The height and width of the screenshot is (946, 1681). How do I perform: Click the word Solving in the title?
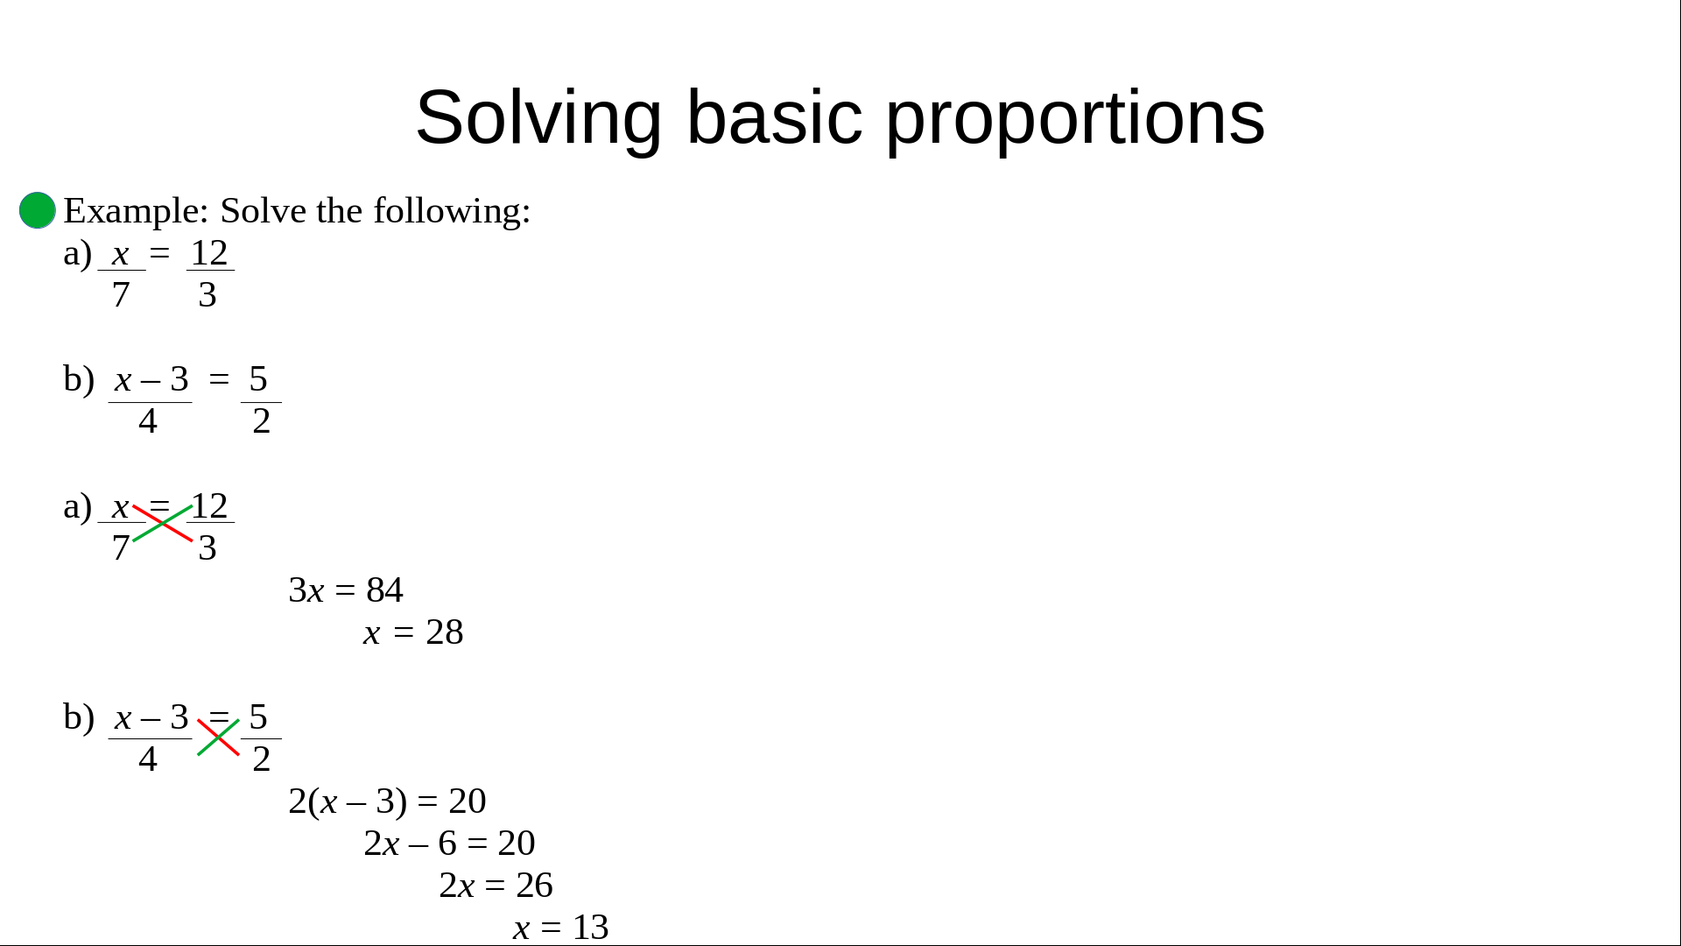click(538, 119)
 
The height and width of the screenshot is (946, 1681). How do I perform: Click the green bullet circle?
click(38, 210)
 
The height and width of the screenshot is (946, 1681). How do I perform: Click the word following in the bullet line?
click(452, 212)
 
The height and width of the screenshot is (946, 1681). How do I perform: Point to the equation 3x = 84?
click(346, 590)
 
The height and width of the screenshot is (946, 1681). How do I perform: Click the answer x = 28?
click(413, 632)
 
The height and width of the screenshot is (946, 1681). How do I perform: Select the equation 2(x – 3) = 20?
click(387, 801)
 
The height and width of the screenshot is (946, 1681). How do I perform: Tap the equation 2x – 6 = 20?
click(449, 844)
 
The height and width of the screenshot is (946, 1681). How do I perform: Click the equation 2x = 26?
click(496, 886)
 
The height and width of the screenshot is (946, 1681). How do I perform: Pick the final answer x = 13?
click(560, 928)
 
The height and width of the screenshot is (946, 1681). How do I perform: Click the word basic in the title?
click(775, 117)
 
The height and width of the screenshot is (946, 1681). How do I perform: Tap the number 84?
click(384, 590)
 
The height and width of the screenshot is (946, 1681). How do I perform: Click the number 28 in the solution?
click(445, 632)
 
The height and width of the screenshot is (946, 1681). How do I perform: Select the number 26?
click(534, 886)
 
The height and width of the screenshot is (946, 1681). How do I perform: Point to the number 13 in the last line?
click(591, 928)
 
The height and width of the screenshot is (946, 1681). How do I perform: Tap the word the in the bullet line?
click(340, 211)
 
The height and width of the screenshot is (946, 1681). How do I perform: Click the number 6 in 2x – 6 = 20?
click(447, 844)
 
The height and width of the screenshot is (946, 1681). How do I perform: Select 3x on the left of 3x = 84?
click(306, 590)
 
